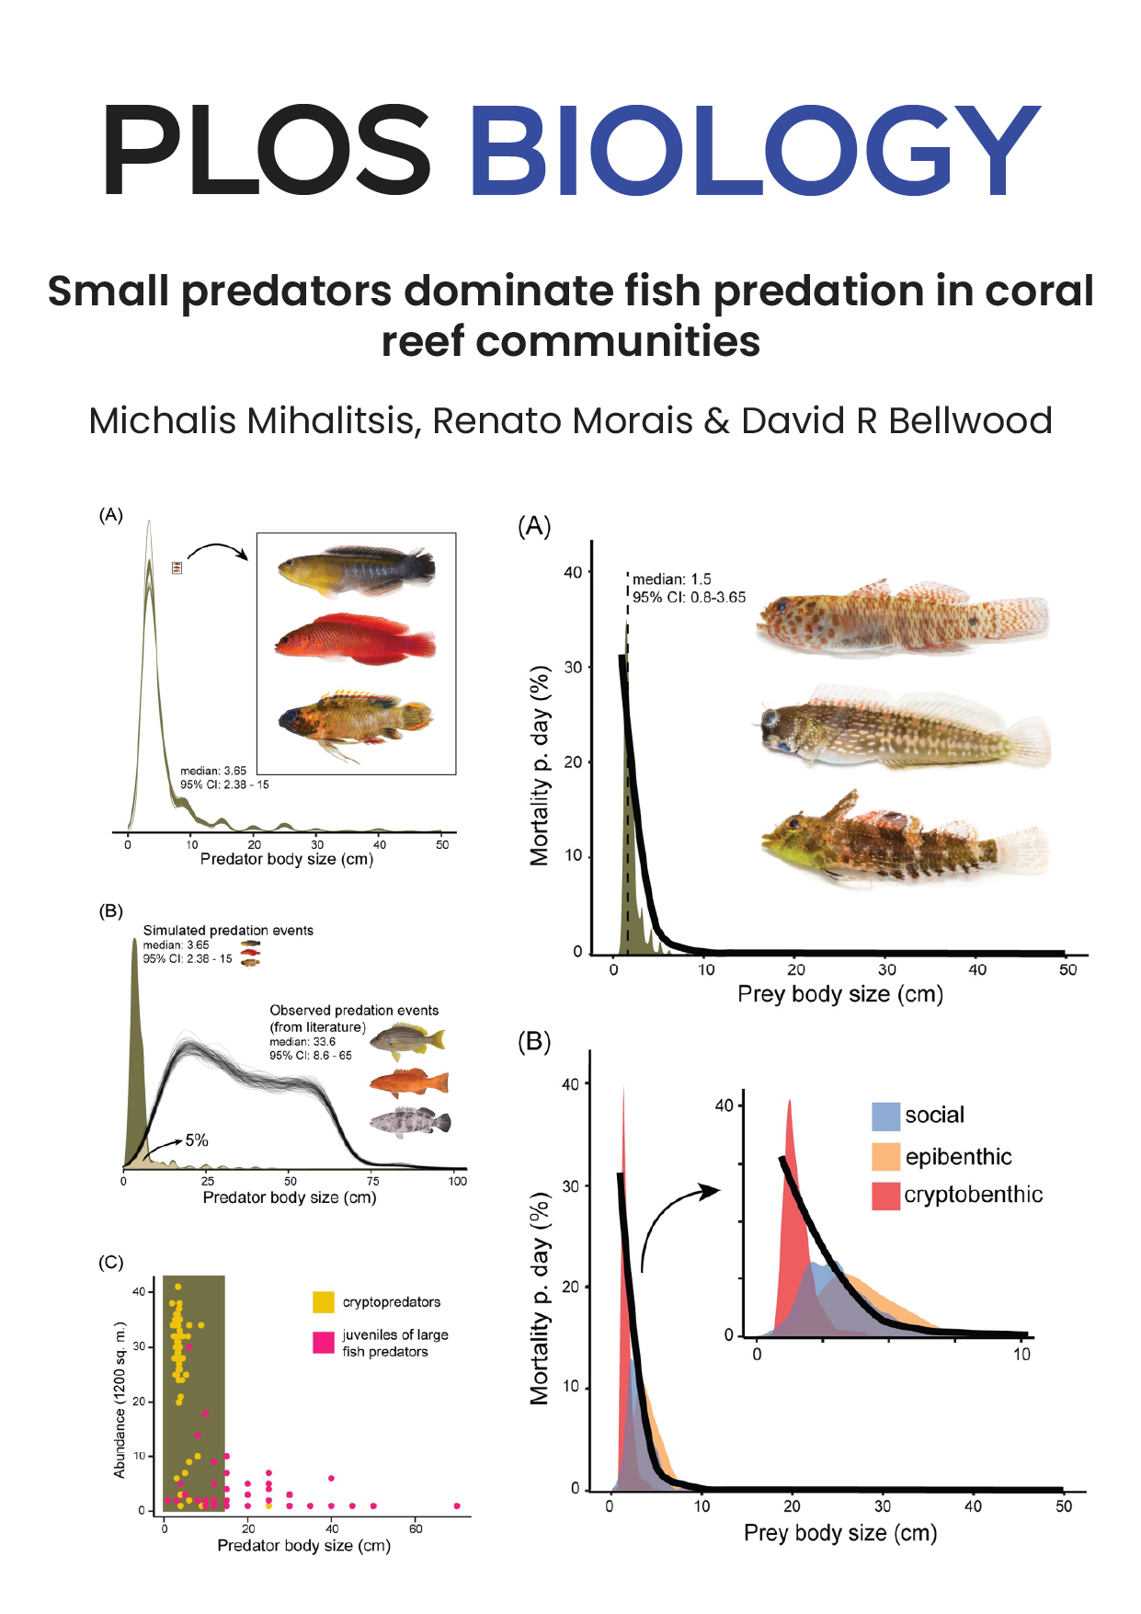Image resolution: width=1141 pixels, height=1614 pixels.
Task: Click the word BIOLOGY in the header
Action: [x=754, y=150]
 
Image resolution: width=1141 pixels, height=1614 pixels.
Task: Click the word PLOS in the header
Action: [x=267, y=150]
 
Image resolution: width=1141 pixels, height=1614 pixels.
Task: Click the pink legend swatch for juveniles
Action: [x=323, y=1343]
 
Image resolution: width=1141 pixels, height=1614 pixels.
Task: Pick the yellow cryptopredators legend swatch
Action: [x=323, y=1301]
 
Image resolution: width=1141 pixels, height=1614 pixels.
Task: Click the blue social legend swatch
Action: [x=884, y=1116]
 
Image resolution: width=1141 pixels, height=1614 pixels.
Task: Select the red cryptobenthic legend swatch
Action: [x=884, y=1196]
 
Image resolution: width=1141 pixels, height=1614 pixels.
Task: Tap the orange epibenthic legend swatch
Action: [x=884, y=1156]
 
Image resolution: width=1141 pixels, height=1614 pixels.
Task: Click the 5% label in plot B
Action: [x=197, y=1140]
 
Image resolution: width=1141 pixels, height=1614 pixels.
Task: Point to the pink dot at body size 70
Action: [x=457, y=1506]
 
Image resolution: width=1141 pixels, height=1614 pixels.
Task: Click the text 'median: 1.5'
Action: [x=671, y=579]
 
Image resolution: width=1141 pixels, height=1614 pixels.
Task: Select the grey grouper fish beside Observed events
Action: [x=410, y=1123]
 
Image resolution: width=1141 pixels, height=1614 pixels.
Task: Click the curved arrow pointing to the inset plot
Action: [x=676, y=1219]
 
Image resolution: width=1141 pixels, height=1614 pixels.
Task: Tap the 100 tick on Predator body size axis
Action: [x=457, y=1182]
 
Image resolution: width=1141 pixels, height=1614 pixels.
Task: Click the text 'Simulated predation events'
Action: [x=228, y=931]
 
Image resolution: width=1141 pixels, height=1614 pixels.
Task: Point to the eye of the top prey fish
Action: [x=781, y=607]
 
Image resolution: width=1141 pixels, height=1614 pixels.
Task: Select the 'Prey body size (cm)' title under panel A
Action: [x=840, y=994]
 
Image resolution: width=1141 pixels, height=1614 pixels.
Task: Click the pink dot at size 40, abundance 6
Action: [x=331, y=1479]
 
